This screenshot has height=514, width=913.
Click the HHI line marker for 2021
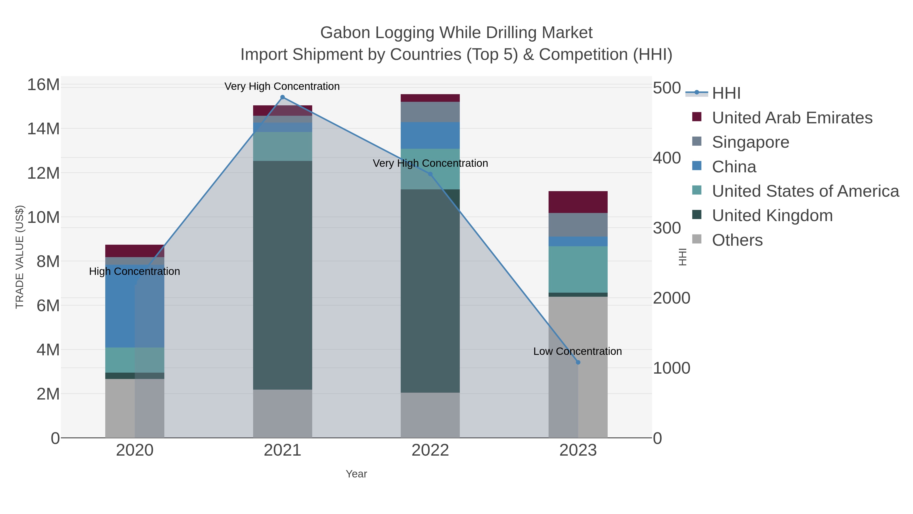[x=283, y=97]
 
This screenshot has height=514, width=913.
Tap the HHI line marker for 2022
[x=430, y=174]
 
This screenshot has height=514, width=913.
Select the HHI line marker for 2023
[x=578, y=362]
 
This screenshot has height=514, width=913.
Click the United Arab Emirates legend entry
[x=792, y=118]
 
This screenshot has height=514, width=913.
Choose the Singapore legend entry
[x=750, y=142]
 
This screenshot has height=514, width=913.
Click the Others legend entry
[x=737, y=240]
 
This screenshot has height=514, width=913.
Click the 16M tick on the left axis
[x=43, y=85]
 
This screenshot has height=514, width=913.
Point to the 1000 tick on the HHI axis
[x=672, y=368]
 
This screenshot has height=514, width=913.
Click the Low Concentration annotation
[x=577, y=351]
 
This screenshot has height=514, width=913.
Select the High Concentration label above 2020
[x=134, y=271]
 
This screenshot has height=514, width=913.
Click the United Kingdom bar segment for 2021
[x=283, y=275]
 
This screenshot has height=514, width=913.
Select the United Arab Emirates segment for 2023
[x=578, y=202]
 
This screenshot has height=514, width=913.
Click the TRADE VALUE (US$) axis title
[x=20, y=257]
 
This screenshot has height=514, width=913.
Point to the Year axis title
[x=356, y=474]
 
